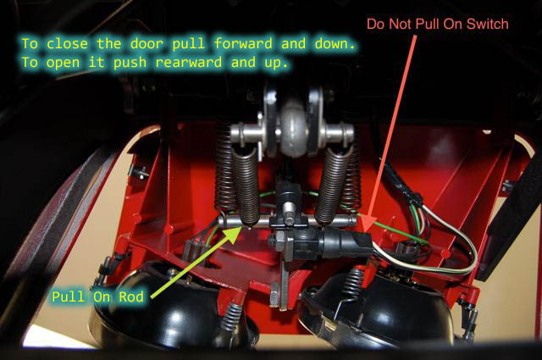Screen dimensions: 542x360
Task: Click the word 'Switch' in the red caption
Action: pyautogui.click(x=488, y=24)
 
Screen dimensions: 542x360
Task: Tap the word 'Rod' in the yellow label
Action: pyautogui.click(x=131, y=296)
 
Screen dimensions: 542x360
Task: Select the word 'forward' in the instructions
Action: pyautogui.click(x=243, y=43)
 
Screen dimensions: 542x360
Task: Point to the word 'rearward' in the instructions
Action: pyautogui.click(x=189, y=62)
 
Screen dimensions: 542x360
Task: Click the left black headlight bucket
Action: pyautogui.click(x=166, y=307)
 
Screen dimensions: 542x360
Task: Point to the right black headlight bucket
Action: pyautogui.click(x=377, y=307)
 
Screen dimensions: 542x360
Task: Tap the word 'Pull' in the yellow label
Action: pyautogui.click(x=68, y=296)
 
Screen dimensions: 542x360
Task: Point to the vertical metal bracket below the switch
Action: pyautogui.click(x=285, y=284)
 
